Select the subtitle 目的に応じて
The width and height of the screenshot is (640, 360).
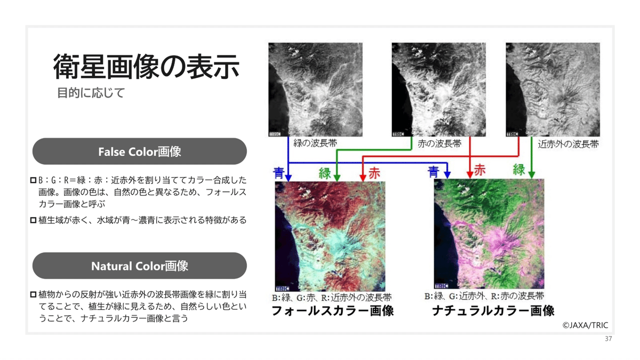pos(91,93)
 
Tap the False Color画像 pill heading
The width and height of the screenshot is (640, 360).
pos(139,151)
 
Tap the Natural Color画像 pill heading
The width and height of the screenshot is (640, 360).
pos(139,266)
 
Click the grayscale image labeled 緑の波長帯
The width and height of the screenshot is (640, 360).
pos(315,90)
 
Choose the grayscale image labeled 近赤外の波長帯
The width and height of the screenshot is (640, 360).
pos(553,90)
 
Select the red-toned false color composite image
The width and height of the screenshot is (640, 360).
pos(330,235)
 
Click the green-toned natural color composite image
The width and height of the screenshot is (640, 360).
pos(489,234)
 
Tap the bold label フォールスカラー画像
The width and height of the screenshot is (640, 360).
pos(333,310)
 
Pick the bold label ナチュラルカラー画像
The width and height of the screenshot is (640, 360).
pos(493,310)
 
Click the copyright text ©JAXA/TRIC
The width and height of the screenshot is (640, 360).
pos(585,325)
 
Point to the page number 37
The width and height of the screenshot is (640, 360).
pos(609,339)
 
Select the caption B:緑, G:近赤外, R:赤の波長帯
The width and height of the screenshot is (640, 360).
pos(484,296)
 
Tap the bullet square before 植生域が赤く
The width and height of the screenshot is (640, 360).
pos(33,220)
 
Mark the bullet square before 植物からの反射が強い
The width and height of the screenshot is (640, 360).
pos(33,294)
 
